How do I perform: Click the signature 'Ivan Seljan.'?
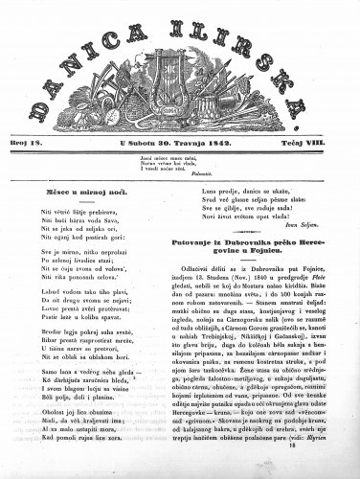pyautogui.click(x=324, y=230)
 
